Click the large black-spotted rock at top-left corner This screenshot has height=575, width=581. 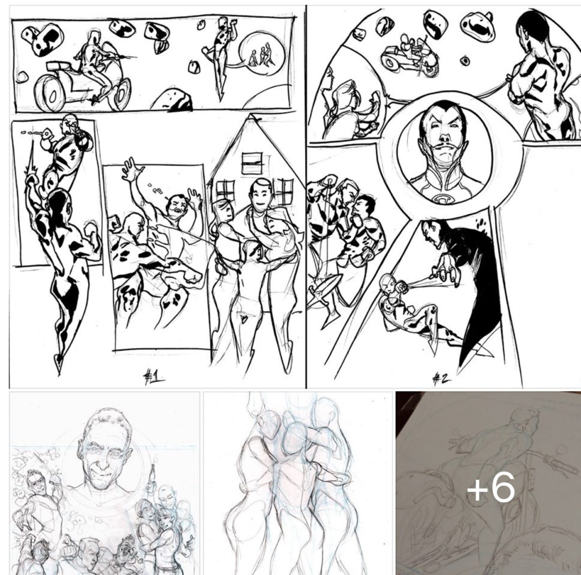43,40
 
